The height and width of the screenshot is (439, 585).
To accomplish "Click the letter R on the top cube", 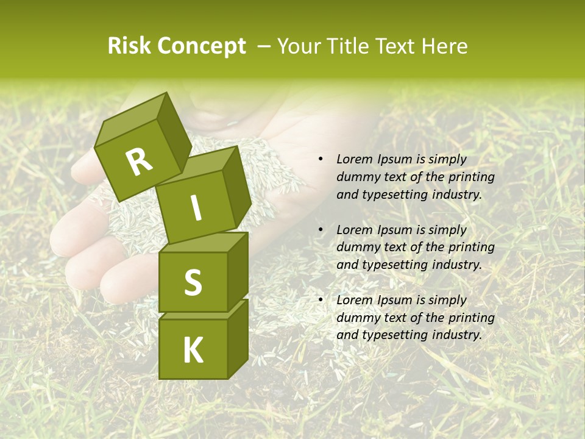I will point(140,162).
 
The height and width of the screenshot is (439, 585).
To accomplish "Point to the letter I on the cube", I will point(196,208).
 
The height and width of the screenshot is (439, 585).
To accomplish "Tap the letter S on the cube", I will point(193,283).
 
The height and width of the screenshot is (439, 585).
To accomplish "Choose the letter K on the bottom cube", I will point(193,350).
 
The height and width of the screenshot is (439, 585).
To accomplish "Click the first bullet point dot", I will point(321,160).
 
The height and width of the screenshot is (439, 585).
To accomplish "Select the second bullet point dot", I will point(321,230).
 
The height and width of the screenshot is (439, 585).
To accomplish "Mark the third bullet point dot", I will point(321,301).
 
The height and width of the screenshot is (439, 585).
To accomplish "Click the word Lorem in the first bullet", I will point(353,160).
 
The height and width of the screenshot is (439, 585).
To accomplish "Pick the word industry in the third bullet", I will point(458,335).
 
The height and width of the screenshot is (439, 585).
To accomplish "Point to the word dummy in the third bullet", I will point(355,318).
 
